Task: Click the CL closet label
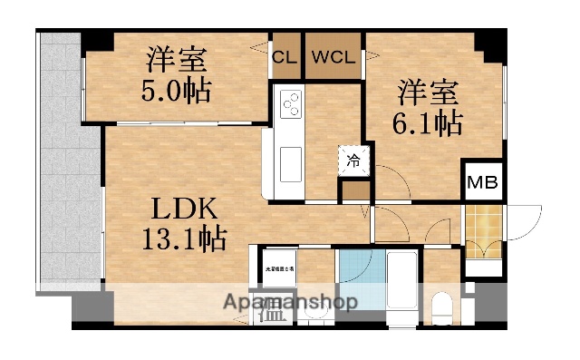285,55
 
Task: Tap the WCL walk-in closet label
333,55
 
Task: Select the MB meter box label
480,182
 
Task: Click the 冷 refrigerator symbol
353,161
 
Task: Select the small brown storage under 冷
354,190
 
